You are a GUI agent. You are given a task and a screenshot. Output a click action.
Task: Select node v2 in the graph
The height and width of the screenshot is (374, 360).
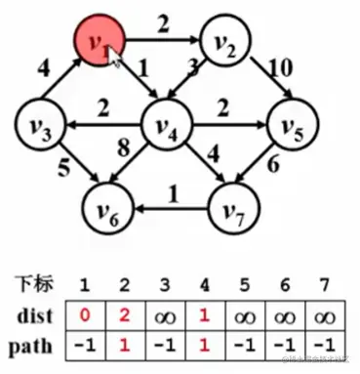point(225,42)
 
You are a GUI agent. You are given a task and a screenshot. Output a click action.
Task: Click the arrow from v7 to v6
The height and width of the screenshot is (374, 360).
point(173,207)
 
